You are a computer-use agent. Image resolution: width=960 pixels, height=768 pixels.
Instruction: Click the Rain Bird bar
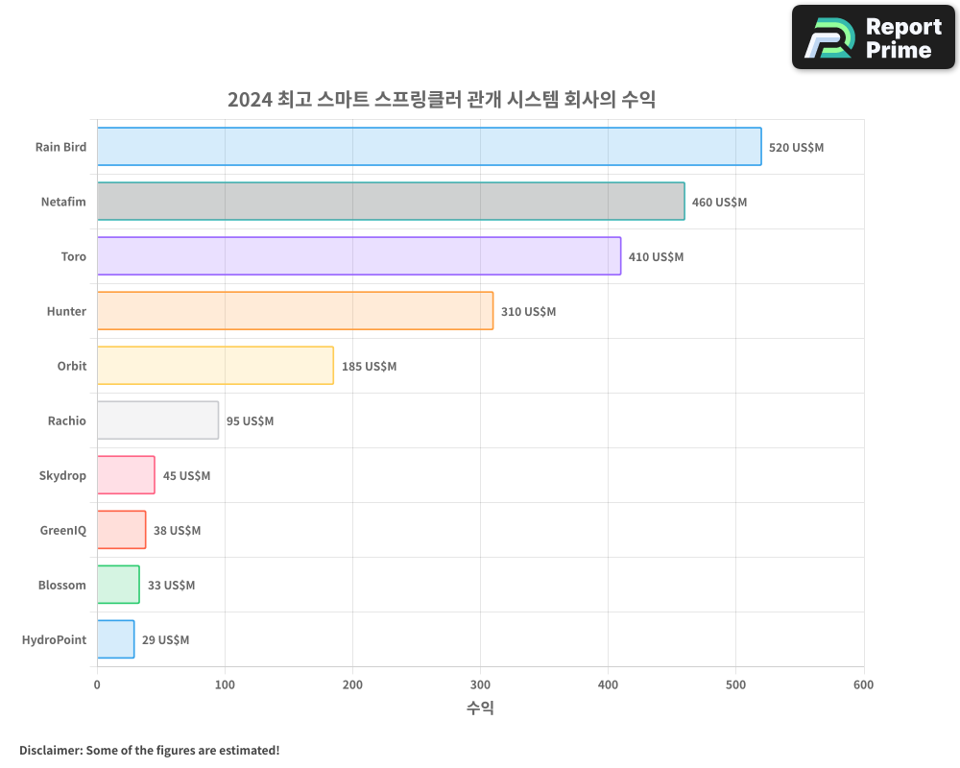[x=429, y=147]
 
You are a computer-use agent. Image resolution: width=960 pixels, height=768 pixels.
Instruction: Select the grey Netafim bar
[x=391, y=202]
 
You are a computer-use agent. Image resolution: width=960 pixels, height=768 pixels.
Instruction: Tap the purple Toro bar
[x=359, y=256]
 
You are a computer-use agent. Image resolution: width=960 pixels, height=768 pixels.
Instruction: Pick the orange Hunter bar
[x=295, y=311]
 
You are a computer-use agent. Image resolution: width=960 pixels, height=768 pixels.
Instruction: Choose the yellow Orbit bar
[x=215, y=366]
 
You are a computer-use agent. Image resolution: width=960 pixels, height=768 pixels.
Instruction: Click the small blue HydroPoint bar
[x=115, y=639]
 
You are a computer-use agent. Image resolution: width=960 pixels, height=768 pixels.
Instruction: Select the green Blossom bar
[x=118, y=585]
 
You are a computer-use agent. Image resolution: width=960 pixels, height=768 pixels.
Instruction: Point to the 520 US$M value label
[x=796, y=147]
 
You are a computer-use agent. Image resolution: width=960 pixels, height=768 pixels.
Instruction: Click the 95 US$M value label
[x=250, y=420]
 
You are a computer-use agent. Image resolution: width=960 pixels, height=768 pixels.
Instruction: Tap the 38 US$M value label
[x=177, y=530]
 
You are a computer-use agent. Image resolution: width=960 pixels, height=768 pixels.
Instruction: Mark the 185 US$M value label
[x=369, y=366]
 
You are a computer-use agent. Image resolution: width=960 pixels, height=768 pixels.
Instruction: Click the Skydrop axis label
[x=62, y=475]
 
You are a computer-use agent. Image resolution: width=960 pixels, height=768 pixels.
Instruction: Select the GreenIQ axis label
[x=62, y=530]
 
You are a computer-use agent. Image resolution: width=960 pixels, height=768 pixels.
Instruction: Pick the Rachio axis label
[x=66, y=420]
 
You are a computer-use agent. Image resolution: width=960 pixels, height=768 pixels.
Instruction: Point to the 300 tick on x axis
[x=480, y=684]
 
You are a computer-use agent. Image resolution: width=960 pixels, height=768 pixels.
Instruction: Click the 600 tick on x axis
[x=863, y=684]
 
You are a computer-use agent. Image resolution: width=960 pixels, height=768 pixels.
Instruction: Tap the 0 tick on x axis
[x=97, y=684]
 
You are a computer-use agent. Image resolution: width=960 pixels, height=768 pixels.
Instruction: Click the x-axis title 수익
[x=480, y=708]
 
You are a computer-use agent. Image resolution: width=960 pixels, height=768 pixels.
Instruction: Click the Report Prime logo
[x=873, y=36]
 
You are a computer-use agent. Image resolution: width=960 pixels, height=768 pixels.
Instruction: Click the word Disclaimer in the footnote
[x=50, y=750]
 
